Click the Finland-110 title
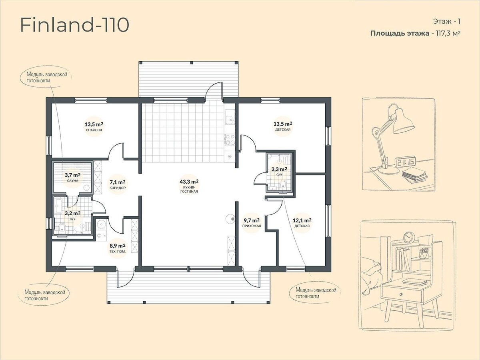75,25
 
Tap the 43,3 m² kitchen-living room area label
189,186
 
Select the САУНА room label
73,181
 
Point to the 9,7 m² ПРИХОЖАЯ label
252,222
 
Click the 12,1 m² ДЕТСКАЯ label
302,222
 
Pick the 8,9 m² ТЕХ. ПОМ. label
118,248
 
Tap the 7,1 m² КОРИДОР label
118,184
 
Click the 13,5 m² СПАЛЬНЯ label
94,127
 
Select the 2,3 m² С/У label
279,172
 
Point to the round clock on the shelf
407,237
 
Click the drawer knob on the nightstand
401,294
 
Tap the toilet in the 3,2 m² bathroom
62,228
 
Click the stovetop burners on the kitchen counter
229,140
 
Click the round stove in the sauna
86,188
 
